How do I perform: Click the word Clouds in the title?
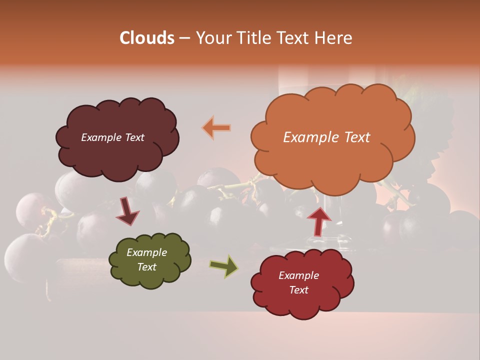[x=146, y=38]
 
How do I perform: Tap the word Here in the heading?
[x=333, y=38]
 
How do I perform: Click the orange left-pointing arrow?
[x=216, y=128]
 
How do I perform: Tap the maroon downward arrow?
[x=127, y=211]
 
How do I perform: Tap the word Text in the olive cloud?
[x=146, y=267]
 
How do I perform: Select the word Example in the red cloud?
[x=298, y=275]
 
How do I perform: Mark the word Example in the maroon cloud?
[x=100, y=137]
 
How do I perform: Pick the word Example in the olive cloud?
[x=146, y=252]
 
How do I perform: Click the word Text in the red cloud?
[x=298, y=290]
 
